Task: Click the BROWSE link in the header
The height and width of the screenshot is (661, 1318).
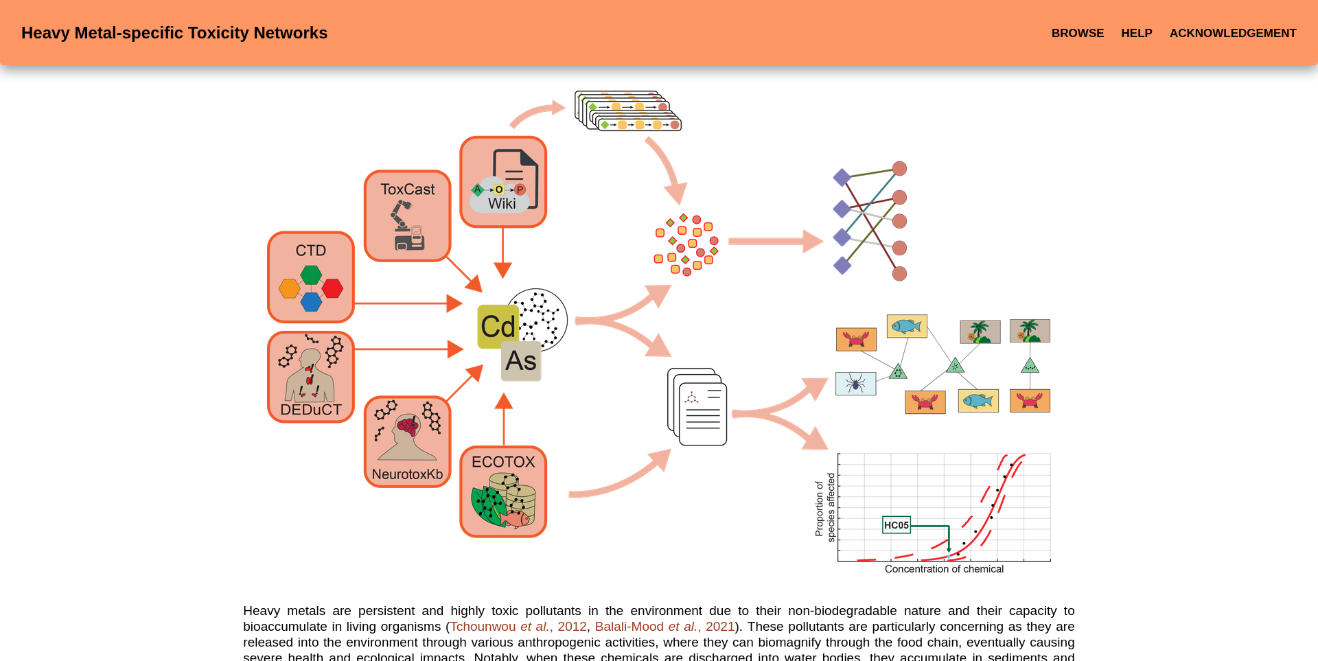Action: point(1077,33)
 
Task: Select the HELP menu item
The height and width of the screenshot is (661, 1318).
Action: point(1136,33)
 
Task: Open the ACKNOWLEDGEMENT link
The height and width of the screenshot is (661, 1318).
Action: point(1232,33)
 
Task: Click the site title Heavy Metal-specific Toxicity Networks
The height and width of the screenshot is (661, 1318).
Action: point(174,33)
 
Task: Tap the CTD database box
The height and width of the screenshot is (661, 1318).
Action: point(311,277)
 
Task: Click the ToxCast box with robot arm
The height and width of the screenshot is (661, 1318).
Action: point(407,216)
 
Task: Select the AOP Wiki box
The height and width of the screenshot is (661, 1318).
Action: point(503,182)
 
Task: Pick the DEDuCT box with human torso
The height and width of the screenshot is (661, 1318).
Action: point(311,377)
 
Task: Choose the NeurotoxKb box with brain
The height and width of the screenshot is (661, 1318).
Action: point(407,442)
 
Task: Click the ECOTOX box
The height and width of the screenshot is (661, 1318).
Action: point(503,491)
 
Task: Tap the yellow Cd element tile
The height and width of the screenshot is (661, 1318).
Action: point(498,327)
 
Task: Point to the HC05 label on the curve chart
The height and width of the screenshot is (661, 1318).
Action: point(896,525)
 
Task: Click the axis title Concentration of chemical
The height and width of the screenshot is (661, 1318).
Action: point(944,569)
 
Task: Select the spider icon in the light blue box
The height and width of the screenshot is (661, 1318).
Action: point(855,384)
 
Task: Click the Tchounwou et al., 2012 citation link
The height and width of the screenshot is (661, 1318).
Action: point(518,627)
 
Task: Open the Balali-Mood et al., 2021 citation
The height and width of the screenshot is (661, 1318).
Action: point(664,627)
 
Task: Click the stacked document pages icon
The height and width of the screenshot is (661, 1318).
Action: point(697,407)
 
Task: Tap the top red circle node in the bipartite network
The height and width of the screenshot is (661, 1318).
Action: point(899,168)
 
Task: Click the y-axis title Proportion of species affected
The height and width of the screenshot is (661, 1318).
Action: point(824,508)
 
